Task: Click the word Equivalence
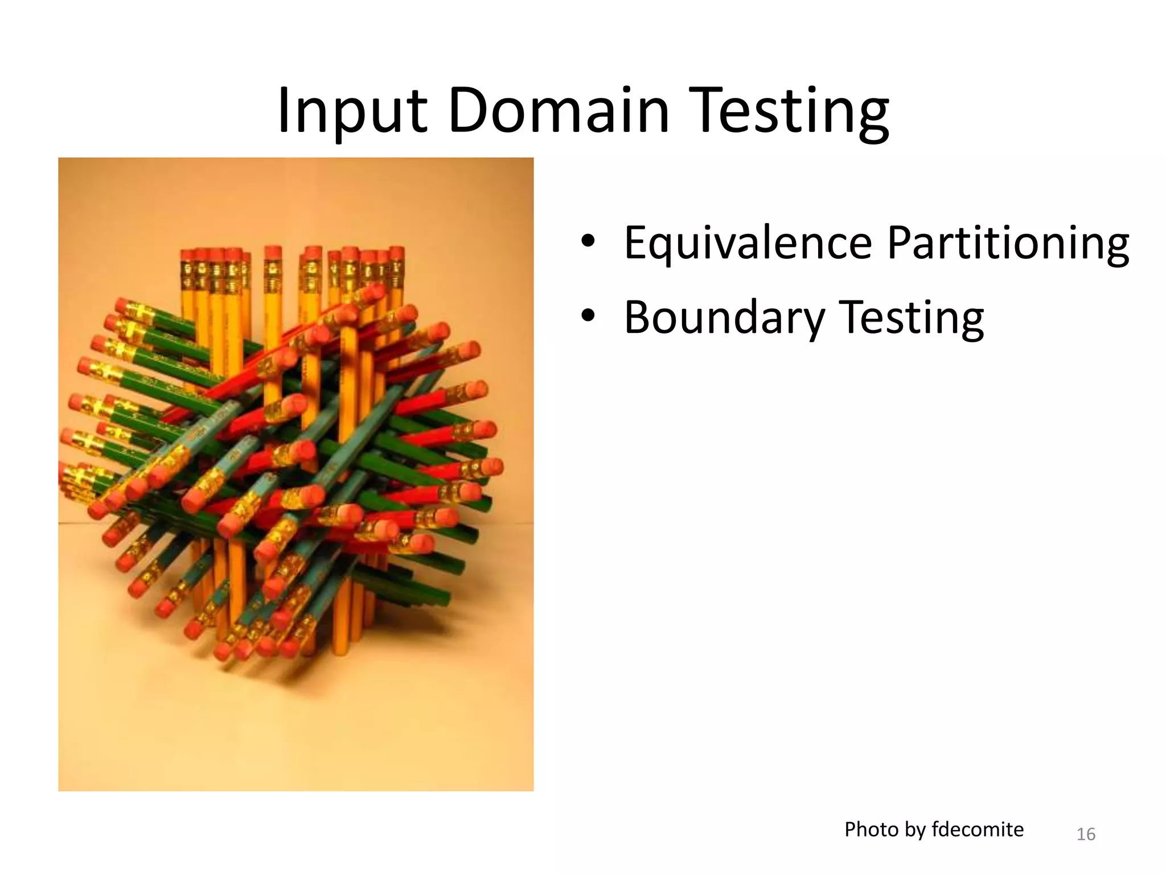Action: point(748,243)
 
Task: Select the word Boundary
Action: point(723,318)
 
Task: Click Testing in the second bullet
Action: point(912,318)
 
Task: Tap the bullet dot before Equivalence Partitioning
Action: point(588,241)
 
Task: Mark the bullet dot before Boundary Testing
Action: point(588,316)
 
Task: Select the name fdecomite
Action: point(978,830)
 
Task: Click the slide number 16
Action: point(1086,834)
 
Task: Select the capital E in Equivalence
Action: point(636,243)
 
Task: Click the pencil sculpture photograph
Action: point(295,474)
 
